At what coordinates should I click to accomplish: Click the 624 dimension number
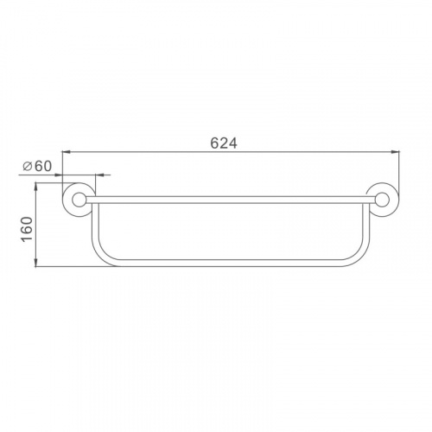(x=224, y=143)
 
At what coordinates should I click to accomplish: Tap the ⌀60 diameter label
(x=37, y=166)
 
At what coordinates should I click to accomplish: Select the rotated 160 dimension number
(x=27, y=229)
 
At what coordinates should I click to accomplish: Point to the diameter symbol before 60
(x=28, y=167)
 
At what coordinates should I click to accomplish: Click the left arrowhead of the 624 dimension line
(x=67, y=151)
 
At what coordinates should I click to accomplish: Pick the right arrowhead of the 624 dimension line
(x=395, y=151)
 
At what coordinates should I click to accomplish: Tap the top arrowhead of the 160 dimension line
(x=35, y=187)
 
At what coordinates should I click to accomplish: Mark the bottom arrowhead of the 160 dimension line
(x=35, y=263)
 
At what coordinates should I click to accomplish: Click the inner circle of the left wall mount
(x=79, y=200)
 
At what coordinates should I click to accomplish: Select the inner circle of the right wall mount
(x=383, y=200)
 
